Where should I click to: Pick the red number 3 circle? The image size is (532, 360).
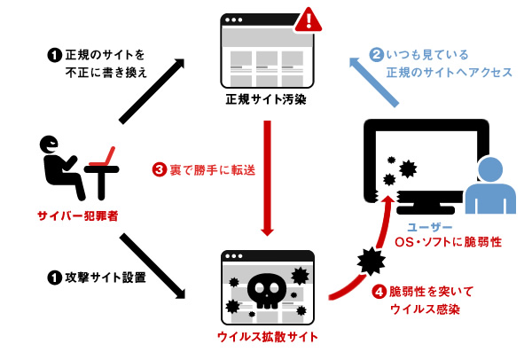pyautogui.click(x=160, y=169)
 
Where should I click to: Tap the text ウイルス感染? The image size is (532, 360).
pyautogui.click(x=424, y=309)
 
